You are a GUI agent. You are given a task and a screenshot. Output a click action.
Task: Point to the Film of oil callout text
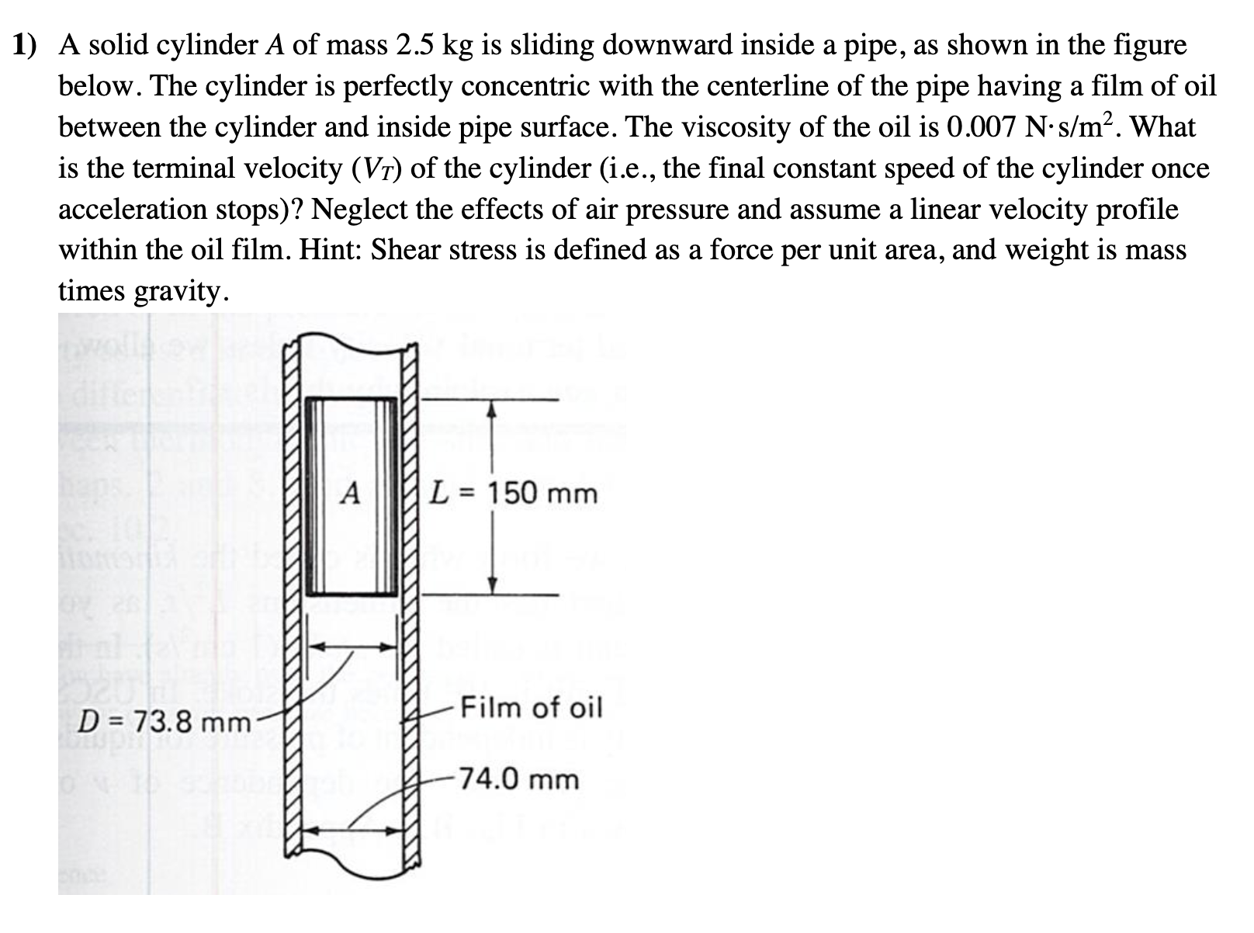point(532,707)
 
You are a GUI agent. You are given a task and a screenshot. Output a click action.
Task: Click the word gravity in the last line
point(179,290)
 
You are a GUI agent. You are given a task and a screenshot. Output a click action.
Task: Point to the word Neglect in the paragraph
point(364,210)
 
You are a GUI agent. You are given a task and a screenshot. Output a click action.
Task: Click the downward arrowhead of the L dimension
point(490,587)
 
